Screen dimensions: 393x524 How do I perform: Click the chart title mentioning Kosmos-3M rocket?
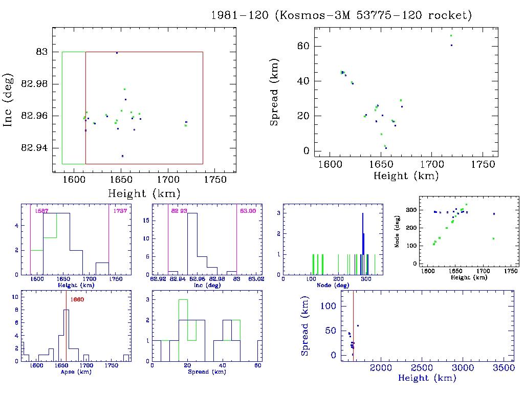tap(341, 16)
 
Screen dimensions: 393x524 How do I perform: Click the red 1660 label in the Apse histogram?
tap(77, 299)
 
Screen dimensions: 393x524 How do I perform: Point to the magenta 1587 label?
tap(41, 211)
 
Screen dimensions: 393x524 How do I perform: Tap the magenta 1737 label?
tap(120, 211)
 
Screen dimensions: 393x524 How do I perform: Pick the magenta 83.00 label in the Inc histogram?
tap(248, 211)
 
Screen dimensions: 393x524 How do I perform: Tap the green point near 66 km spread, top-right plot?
tap(451, 35)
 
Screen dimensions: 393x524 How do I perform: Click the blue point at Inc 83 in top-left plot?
tap(117, 53)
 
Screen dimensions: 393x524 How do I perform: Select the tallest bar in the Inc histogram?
tap(192, 244)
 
